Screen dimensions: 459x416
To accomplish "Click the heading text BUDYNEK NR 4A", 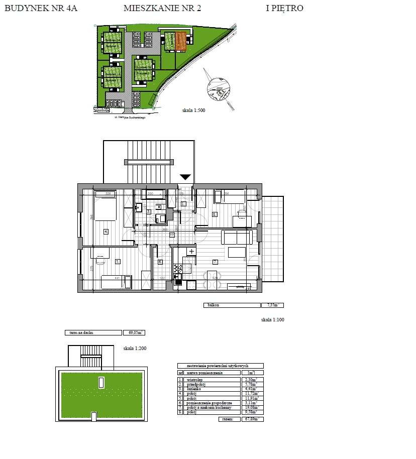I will click(41, 8).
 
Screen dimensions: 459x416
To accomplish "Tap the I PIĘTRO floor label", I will click(284, 8).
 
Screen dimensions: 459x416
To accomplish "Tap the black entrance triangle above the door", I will click(185, 176).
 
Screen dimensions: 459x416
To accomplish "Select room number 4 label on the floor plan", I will click(106, 231).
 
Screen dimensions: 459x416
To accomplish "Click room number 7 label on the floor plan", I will click(215, 262).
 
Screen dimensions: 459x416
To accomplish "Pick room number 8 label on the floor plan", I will click(215, 214).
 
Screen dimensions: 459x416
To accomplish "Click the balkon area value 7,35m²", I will click(272, 305).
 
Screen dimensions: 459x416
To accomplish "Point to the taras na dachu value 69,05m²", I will click(134, 332).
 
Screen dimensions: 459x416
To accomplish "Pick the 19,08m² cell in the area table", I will click(249, 407).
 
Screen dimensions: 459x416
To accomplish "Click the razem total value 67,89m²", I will click(252, 419).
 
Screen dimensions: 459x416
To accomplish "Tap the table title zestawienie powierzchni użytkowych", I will click(220, 366).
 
